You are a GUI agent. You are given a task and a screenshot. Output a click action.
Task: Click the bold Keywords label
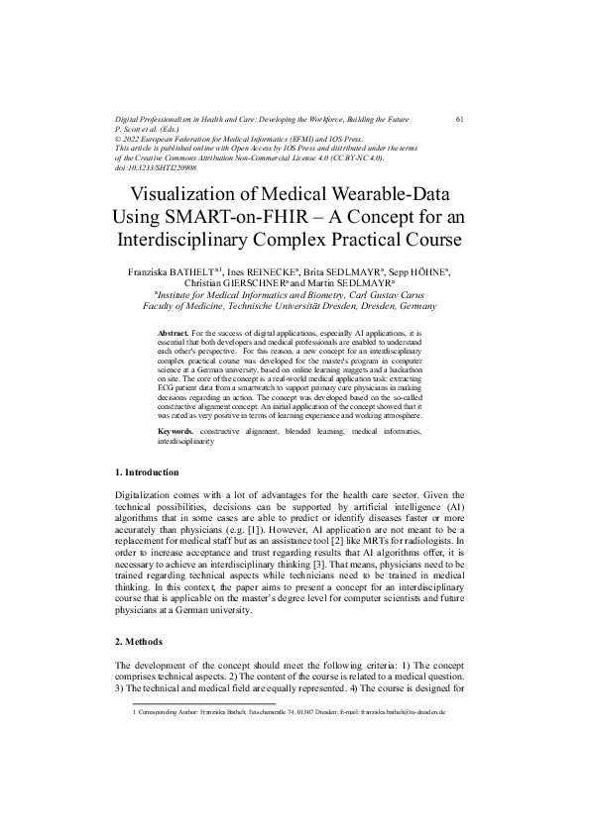click(177, 432)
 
